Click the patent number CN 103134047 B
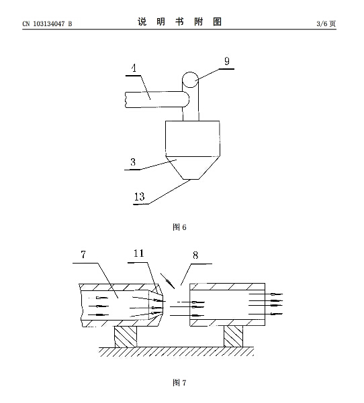(47, 24)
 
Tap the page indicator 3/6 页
(326, 24)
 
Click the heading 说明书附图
(179, 22)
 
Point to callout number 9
(227, 61)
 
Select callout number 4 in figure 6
(134, 68)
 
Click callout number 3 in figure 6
(133, 162)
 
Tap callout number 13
(140, 196)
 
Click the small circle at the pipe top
(190, 80)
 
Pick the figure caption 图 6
(179, 227)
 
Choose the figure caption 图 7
(179, 383)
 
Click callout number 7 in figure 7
(83, 255)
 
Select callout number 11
(138, 253)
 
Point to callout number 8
(195, 255)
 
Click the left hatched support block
(126, 337)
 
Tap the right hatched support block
(233, 337)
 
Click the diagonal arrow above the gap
(167, 281)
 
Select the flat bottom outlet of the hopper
(191, 179)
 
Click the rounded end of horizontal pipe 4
(187, 99)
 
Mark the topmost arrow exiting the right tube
(266, 294)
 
